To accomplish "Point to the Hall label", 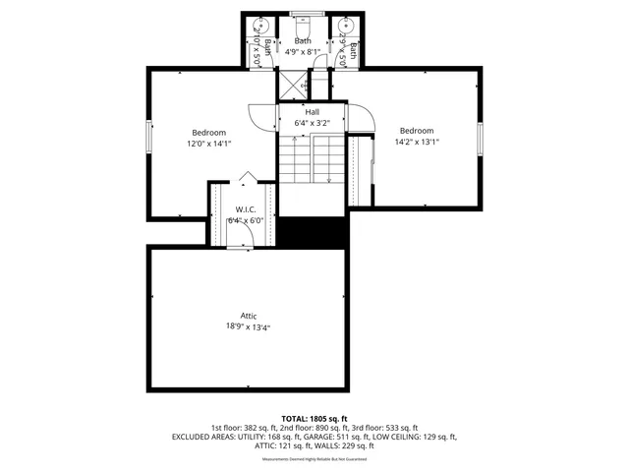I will [x=312, y=112].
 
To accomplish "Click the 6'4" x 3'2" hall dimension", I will [x=312, y=123].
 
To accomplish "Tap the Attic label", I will [x=249, y=316].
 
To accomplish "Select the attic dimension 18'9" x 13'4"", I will [x=249, y=326].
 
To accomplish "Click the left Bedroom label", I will [x=208, y=133].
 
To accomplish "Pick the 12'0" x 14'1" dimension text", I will [x=208, y=144].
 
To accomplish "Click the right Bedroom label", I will [x=417, y=131].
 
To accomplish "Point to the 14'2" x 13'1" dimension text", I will [x=417, y=142].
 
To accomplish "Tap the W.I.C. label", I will [x=245, y=209].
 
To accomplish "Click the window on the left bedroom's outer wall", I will [x=148, y=138].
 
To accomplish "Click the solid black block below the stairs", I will [x=314, y=231].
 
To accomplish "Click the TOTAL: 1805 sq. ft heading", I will [x=314, y=419].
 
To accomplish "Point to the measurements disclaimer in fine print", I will [x=314, y=459].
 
